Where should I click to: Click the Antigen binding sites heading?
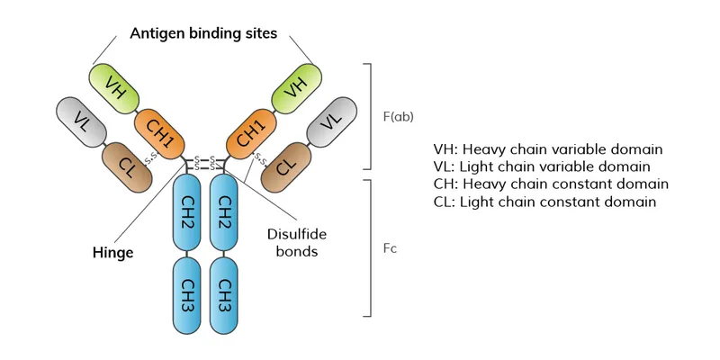tap(203, 33)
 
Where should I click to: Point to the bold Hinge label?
tap(112, 253)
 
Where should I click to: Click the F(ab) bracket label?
tap(398, 116)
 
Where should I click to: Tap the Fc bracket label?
tap(390, 247)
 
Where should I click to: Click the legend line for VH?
tap(547, 148)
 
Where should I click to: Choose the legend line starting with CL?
tap(544, 202)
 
